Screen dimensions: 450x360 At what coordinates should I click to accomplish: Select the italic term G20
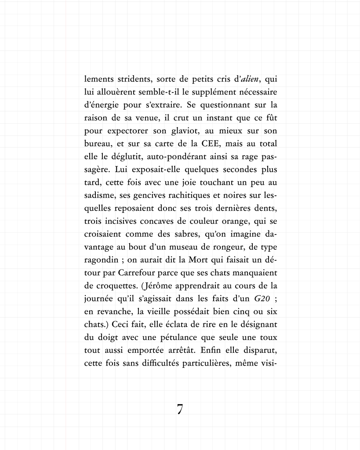(x=263, y=299)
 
